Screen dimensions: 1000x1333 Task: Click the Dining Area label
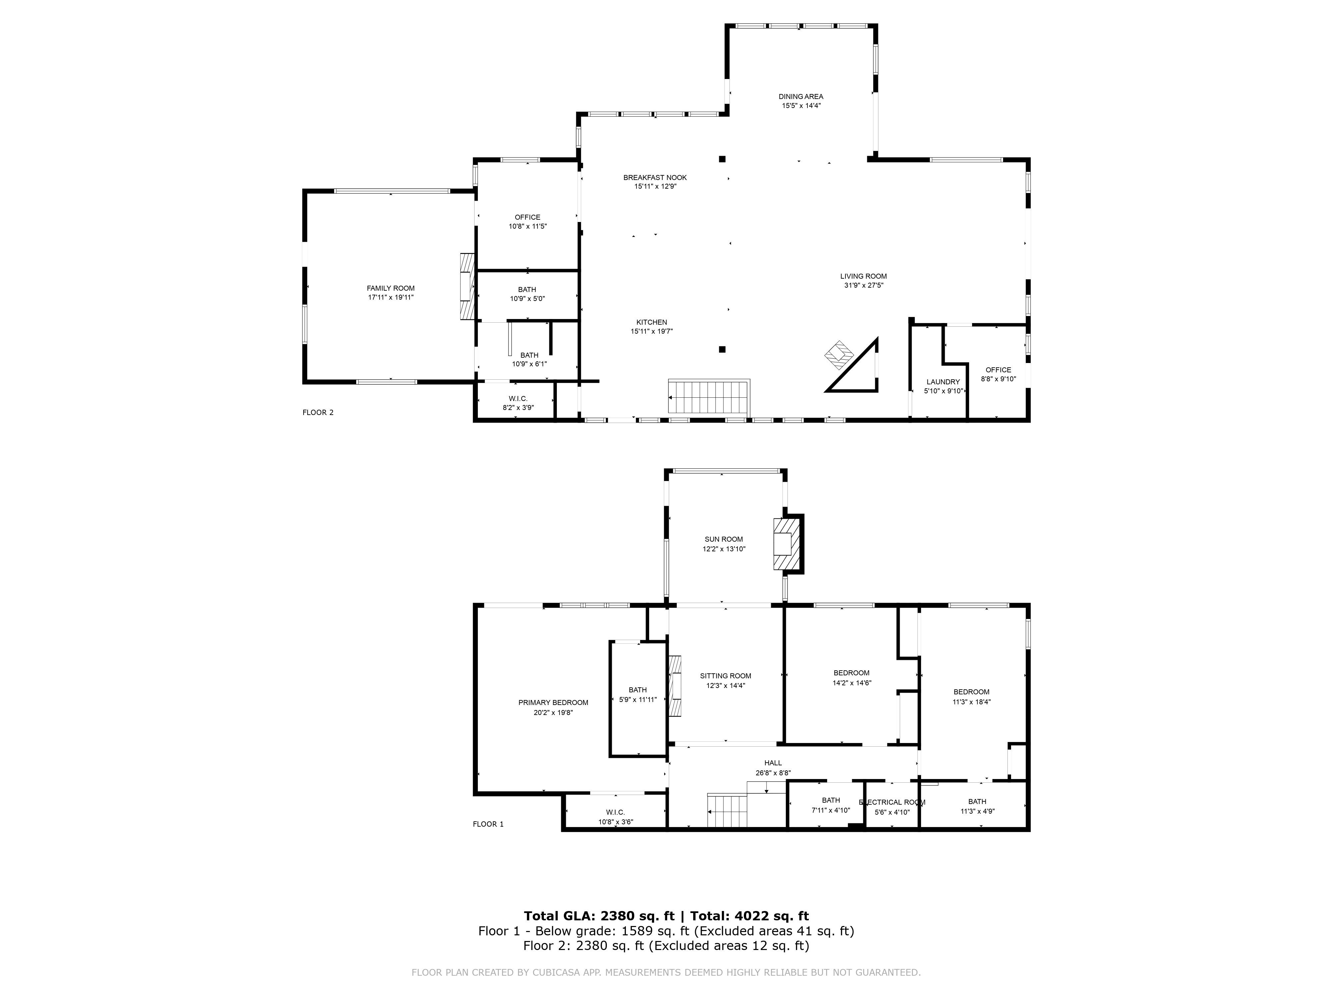(800, 96)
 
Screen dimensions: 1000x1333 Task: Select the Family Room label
(391, 288)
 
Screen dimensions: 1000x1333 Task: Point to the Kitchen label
(652, 322)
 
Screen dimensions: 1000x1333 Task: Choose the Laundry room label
(942, 382)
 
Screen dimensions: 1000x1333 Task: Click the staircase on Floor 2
(709, 397)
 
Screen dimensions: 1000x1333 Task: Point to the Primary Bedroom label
(553, 703)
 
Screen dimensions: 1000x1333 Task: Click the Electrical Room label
(891, 802)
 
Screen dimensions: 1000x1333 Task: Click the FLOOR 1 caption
(488, 824)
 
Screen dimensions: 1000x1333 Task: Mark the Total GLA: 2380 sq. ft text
(599, 916)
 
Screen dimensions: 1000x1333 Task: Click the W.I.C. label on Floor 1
(615, 812)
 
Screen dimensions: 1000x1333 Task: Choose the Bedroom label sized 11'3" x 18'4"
(971, 692)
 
